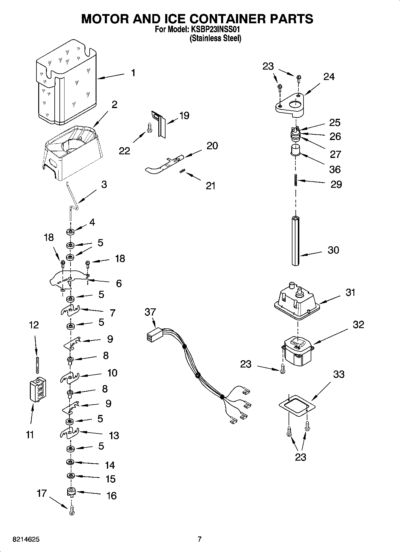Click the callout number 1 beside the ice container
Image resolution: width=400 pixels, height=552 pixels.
click(133, 73)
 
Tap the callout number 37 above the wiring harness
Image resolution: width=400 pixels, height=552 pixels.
click(150, 312)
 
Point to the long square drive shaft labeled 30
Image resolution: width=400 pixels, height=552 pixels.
click(296, 241)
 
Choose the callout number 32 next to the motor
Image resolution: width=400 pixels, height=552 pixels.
click(358, 325)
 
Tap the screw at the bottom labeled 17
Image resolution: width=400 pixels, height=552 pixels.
click(71, 512)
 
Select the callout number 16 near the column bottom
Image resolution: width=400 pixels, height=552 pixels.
click(111, 496)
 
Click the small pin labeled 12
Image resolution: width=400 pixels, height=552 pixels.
click(37, 364)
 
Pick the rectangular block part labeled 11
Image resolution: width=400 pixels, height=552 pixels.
click(38, 390)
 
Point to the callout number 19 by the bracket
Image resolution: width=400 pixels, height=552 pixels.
click(184, 116)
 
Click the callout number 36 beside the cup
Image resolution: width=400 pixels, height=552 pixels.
click(335, 170)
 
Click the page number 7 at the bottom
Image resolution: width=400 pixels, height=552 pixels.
click(200, 539)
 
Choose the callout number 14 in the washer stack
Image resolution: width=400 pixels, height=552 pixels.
click(110, 465)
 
